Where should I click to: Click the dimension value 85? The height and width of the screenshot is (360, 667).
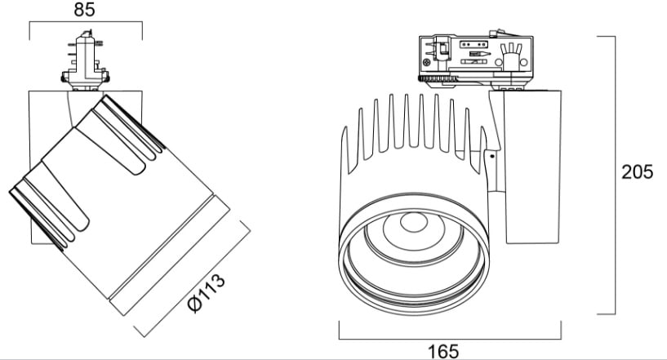[84, 9]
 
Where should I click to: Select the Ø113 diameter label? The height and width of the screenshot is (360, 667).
[207, 293]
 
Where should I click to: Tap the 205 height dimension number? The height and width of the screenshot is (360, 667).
[637, 172]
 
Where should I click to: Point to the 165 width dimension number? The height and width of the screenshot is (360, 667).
[443, 352]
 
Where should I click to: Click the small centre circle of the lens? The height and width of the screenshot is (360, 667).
[413, 222]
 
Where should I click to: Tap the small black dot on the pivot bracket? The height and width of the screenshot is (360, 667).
[492, 156]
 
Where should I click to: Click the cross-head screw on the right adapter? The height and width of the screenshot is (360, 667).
[427, 63]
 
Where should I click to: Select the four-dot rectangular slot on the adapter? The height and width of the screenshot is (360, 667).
[473, 44]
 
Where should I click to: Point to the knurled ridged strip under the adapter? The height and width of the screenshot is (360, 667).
[438, 78]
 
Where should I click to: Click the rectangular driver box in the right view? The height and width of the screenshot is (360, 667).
[532, 167]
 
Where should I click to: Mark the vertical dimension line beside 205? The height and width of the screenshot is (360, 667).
[615, 176]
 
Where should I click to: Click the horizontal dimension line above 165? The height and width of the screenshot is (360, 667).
[450, 339]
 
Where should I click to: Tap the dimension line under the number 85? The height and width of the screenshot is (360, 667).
[86, 22]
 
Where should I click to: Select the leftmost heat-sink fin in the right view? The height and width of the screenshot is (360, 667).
[345, 149]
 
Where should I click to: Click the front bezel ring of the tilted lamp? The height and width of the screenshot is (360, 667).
[170, 256]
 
